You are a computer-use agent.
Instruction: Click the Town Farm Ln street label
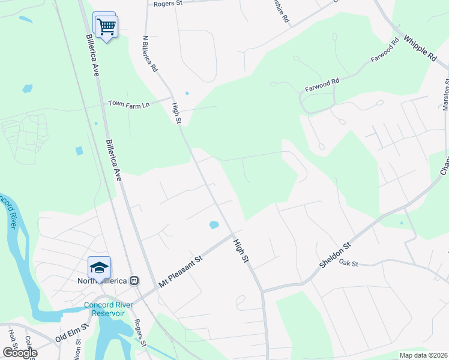pyautogui.click(x=128, y=104)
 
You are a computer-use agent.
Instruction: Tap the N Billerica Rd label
pyautogui.click(x=149, y=53)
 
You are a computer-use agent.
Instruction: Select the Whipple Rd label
pyautogui.click(x=420, y=49)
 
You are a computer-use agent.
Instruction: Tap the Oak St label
pyautogui.click(x=348, y=262)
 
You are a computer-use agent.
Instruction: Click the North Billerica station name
pyautogui.click(x=103, y=280)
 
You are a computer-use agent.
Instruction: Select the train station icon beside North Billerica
pyautogui.click(x=134, y=280)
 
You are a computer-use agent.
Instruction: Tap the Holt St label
pyautogui.click(x=11, y=339)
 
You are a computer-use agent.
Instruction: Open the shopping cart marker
pyautogui.click(x=107, y=26)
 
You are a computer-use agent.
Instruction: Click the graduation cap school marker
pyautogui.click(x=100, y=266)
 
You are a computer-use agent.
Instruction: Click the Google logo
pyautogui.click(x=20, y=353)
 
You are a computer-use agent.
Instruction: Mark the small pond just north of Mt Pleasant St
pyautogui.click(x=214, y=226)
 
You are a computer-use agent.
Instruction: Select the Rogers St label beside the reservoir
pyautogui.click(x=140, y=334)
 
